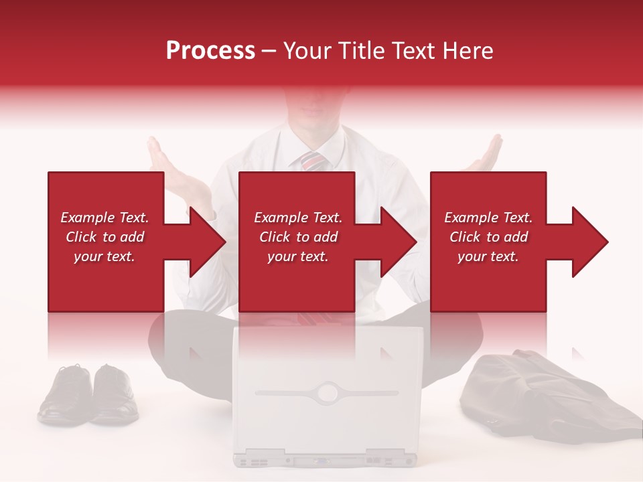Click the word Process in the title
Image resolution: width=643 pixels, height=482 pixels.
[210, 51]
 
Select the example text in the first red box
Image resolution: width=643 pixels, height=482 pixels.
[104, 237]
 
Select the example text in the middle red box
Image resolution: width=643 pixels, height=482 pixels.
[298, 237]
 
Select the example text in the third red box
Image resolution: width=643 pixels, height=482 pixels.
[488, 237]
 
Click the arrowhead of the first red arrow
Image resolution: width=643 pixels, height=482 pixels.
[208, 242]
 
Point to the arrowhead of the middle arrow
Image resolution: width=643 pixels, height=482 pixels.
[399, 242]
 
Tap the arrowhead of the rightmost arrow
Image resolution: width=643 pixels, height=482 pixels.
[589, 242]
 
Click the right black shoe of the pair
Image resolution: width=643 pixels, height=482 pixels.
[114, 395]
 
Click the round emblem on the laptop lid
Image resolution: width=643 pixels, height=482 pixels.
[328, 392]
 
